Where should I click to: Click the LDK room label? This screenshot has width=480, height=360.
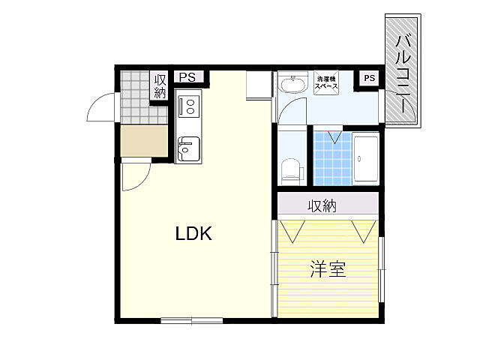pos(194,233)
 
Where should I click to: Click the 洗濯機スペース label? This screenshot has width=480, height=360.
pos(327,82)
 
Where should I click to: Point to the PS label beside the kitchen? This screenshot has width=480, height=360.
pos(186,76)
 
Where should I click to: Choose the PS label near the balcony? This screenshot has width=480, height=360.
pos(369,77)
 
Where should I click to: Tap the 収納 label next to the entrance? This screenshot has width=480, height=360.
pos(160,86)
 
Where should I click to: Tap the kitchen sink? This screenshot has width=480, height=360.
pos(187,148)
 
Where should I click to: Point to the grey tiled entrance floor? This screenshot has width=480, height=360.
pos(135,97)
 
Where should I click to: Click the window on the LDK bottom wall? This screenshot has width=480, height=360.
pos(192,321)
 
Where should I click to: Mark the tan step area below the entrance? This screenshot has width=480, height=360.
pos(144,141)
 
